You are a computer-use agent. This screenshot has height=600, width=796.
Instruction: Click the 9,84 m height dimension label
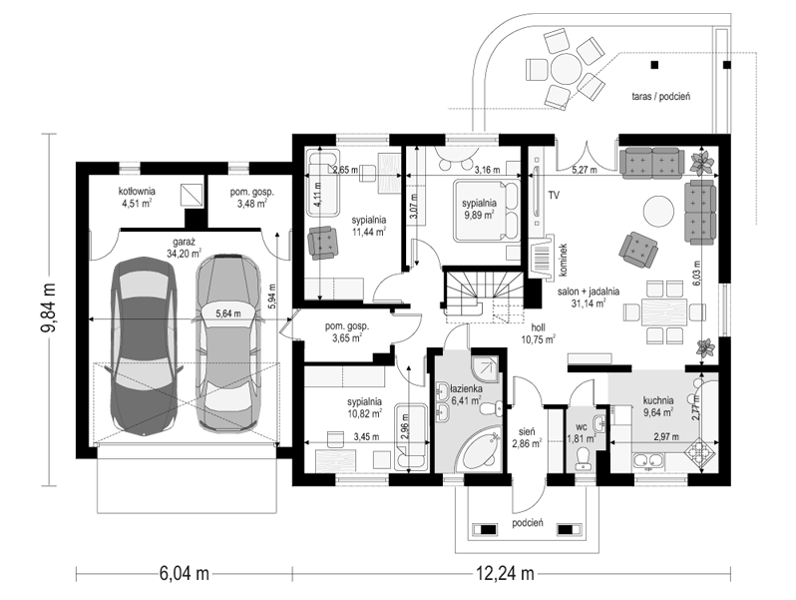[48, 310]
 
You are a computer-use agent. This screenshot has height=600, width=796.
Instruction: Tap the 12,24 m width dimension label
[505, 574]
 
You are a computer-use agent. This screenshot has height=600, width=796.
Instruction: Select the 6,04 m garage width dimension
[185, 574]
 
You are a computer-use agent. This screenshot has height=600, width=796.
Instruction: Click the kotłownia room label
[137, 197]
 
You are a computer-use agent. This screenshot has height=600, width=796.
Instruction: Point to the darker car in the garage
[144, 345]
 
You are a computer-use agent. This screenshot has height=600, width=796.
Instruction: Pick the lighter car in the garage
[229, 341]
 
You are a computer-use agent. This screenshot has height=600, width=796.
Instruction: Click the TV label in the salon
[554, 195]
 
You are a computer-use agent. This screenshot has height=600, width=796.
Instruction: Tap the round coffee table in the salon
[659, 212]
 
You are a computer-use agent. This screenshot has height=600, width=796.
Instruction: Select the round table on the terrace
[566, 69]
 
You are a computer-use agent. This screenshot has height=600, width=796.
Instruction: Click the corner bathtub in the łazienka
[477, 450]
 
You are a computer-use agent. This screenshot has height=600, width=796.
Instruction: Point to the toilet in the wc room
[582, 459]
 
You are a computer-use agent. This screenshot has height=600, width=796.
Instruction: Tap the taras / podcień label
[661, 96]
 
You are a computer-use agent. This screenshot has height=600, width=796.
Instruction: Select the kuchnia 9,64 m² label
[658, 406]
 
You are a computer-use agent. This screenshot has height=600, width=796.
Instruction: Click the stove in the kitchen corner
[701, 451]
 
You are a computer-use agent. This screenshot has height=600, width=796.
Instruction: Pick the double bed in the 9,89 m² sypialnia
[487, 210]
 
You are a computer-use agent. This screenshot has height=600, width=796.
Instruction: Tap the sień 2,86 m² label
[527, 437]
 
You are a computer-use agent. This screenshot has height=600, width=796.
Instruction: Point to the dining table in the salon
[664, 311]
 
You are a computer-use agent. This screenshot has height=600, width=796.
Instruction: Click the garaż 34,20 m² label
[183, 248]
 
